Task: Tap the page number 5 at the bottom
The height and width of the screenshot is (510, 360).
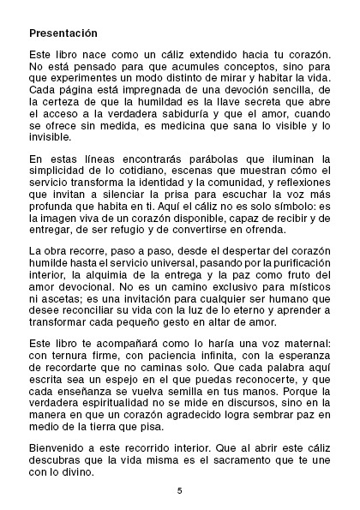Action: [x=180, y=490]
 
